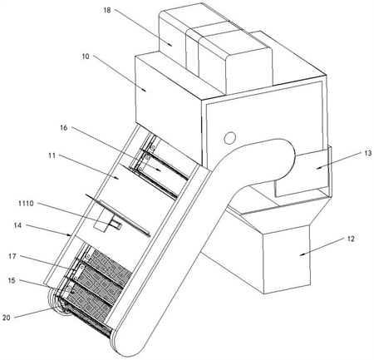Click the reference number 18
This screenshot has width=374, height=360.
[x=107, y=10]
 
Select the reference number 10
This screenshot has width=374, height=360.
[x=86, y=57]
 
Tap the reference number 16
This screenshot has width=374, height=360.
[x=64, y=128]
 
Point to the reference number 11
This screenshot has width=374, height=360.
[x=52, y=155]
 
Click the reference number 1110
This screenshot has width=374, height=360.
[x=26, y=204]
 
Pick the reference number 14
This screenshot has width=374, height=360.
[x=17, y=225]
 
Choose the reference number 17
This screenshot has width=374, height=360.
[x=12, y=256]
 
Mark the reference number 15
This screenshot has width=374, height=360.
[x=12, y=280]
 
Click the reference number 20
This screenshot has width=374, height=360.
[x=7, y=318]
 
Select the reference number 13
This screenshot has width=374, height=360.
[x=368, y=153]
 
